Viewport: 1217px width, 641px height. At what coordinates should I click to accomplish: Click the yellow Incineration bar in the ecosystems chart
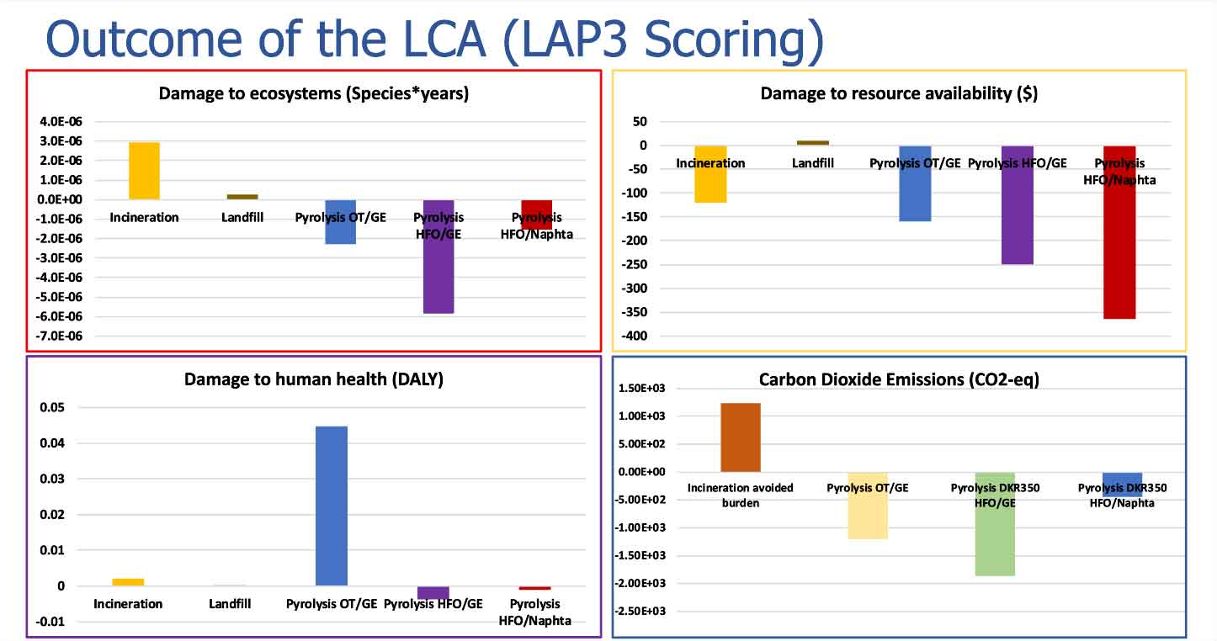click(144, 171)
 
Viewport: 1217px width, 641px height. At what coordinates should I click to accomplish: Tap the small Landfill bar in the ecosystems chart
click(247, 196)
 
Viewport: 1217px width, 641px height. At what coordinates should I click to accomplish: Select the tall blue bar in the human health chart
click(331, 506)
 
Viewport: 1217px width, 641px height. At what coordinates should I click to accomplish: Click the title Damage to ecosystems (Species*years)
click(313, 93)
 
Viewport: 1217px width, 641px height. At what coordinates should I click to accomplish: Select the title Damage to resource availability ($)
click(898, 93)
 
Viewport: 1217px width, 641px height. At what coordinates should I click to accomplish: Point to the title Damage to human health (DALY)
click(313, 379)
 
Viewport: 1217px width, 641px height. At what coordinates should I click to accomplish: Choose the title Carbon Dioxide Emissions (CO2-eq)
click(899, 379)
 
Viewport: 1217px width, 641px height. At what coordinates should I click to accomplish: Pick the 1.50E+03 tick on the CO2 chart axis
click(641, 389)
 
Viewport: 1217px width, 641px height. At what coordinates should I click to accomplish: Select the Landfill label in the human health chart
click(228, 604)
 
